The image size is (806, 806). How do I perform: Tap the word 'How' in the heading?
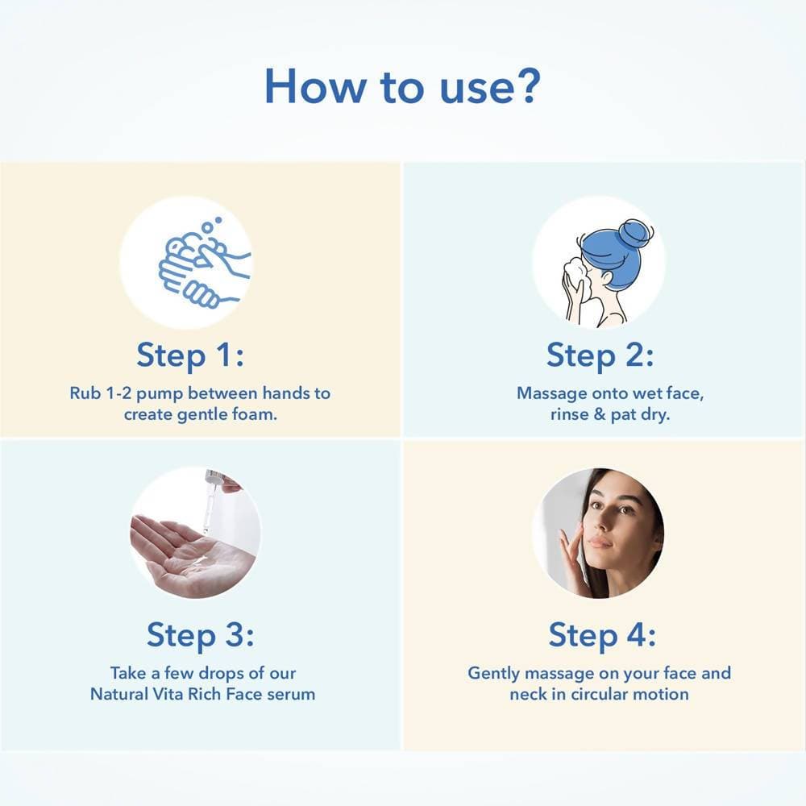coord(314,86)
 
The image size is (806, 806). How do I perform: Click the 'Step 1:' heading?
coord(190,355)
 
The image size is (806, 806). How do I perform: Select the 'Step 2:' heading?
coord(600,355)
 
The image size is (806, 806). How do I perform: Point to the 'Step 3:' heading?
coord(201,635)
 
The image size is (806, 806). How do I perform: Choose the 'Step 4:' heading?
coord(602,635)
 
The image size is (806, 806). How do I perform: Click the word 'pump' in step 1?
coord(160,395)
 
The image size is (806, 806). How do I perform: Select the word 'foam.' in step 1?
coord(255,414)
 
